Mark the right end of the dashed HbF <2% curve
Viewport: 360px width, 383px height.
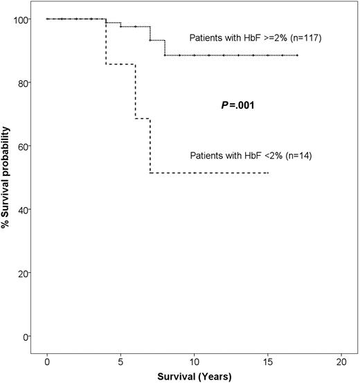[x=268, y=172]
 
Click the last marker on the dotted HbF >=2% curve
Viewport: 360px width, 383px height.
[x=297, y=55]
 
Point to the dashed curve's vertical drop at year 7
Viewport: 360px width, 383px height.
[x=150, y=145]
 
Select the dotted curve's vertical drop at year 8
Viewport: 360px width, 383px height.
[x=165, y=47]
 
